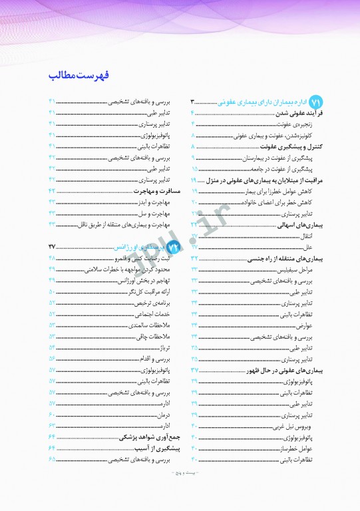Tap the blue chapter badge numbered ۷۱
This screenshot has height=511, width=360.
pyautogui.click(x=316, y=102)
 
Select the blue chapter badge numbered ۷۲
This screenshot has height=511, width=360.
pyautogui.click(x=174, y=228)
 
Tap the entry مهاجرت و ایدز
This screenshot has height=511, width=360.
pyautogui.click(x=159, y=202)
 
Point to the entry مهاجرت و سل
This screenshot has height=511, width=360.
pyautogui.click(x=160, y=212)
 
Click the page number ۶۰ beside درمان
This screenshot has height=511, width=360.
pyautogui.click(x=52, y=415)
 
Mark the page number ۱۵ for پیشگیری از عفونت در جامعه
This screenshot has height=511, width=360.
pyautogui.click(x=194, y=170)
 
